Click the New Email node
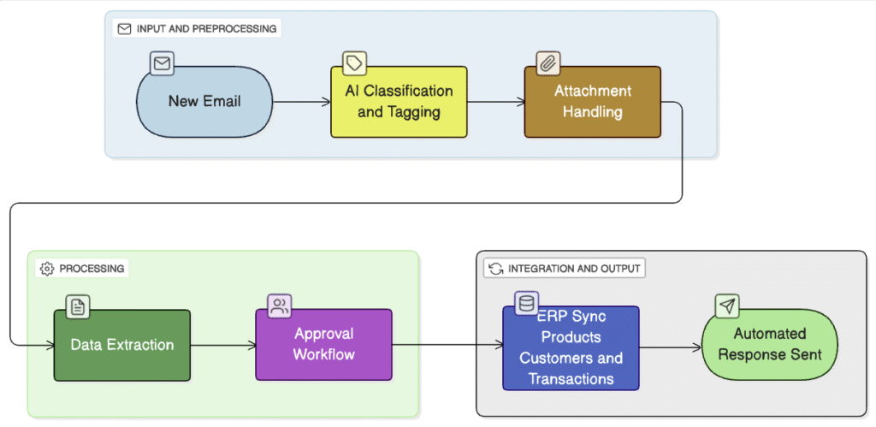click(204, 102)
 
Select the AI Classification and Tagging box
click(399, 102)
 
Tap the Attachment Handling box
click(592, 102)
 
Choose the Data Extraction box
click(121, 346)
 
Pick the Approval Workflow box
click(324, 344)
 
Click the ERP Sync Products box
click(571, 347)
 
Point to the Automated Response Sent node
click(770, 344)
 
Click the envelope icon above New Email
click(162, 63)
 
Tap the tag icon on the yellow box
click(354, 63)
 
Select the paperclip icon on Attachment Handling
click(548, 63)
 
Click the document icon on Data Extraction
click(78, 307)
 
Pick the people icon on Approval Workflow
click(280, 305)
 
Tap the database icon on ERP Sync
click(526, 303)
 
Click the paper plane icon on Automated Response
click(727, 305)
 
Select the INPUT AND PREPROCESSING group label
click(198, 28)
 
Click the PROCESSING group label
click(83, 269)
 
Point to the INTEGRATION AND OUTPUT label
click(565, 269)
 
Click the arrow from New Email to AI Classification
click(302, 102)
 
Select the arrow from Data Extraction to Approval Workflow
click(223, 346)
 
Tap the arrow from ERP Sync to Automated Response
click(671, 347)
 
